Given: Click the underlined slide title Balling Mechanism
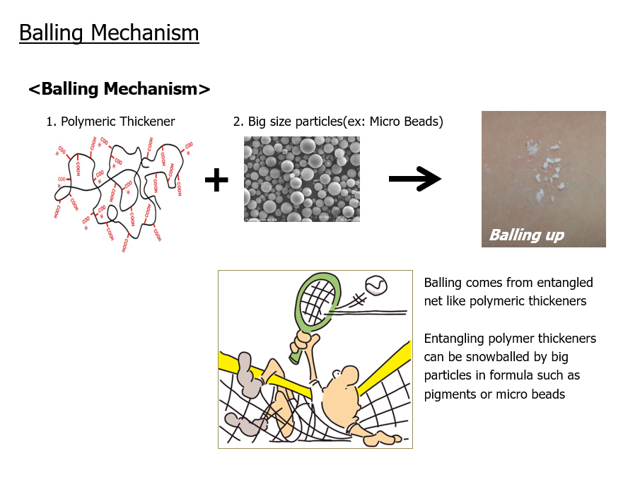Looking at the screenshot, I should click(x=109, y=33).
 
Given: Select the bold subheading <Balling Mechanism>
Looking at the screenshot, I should click(x=120, y=89).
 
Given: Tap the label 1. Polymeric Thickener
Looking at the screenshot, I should click(x=110, y=122).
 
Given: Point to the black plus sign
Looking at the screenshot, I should click(x=216, y=180).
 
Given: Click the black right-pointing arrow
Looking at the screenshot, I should click(x=415, y=180).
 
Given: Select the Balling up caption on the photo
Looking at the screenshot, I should click(x=527, y=235).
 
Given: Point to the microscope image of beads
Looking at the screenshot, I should click(x=301, y=180).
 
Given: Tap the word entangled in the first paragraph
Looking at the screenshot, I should click(x=563, y=283).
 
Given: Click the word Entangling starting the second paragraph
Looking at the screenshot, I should click(x=454, y=339).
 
